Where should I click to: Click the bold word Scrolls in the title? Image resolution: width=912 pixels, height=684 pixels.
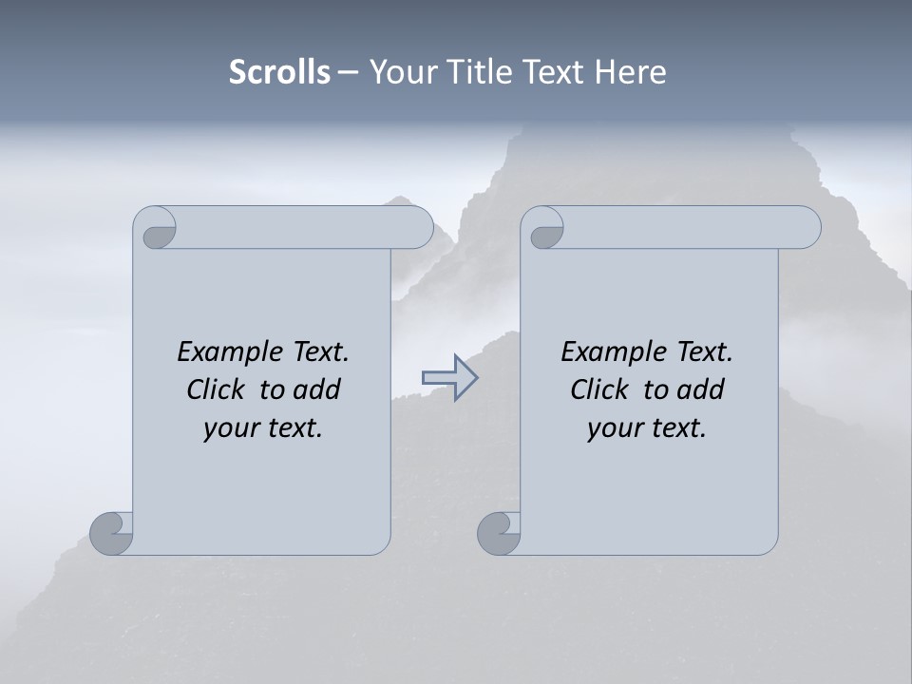click(279, 71)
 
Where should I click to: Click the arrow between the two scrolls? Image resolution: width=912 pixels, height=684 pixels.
click(449, 378)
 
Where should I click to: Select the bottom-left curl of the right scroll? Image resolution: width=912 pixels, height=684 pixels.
click(500, 533)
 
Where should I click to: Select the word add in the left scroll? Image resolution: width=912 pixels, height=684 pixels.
click(317, 389)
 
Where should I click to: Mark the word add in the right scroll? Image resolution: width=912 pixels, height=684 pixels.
click(701, 389)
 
